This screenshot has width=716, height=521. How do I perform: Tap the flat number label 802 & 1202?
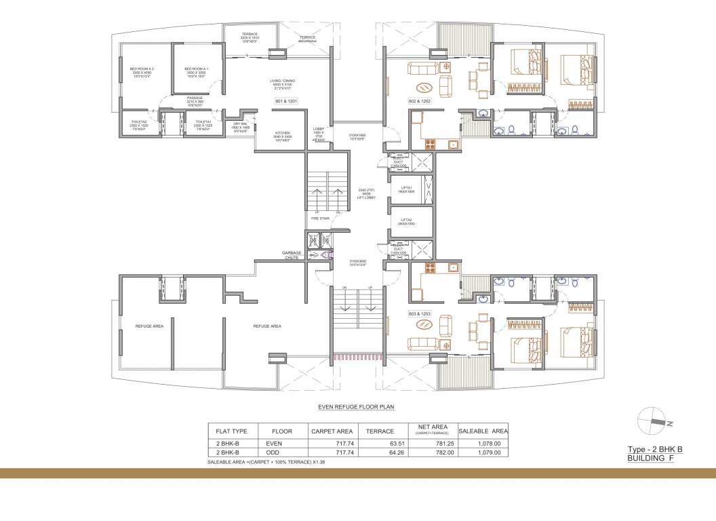point(419,101)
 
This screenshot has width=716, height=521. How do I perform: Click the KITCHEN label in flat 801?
point(283,133)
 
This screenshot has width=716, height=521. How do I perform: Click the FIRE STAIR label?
point(319,218)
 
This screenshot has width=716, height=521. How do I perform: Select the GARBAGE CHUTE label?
point(292,255)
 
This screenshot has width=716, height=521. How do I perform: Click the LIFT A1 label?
point(407,188)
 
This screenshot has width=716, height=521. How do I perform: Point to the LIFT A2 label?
point(407,220)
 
